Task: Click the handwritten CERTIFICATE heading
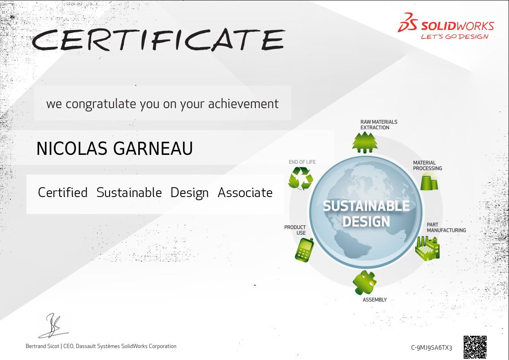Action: tap(158, 40)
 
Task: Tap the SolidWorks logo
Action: tap(446, 26)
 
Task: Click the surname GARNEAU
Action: tap(153, 149)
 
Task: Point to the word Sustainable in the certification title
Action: tap(129, 193)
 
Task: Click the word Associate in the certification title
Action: tap(245, 193)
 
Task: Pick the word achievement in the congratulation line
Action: tap(243, 104)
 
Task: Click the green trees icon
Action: tap(365, 142)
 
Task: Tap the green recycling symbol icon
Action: tap(301, 178)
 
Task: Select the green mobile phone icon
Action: tap(304, 249)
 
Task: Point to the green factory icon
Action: tap(427, 248)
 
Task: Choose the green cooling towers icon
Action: tap(429, 181)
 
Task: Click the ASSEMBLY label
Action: tap(375, 299)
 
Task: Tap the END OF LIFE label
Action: tap(302, 162)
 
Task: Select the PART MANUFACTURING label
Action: tap(446, 227)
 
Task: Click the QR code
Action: tap(475, 347)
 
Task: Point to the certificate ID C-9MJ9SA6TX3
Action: tap(431, 348)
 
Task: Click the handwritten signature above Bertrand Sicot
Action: tap(53, 325)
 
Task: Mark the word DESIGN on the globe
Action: tap(366, 222)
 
